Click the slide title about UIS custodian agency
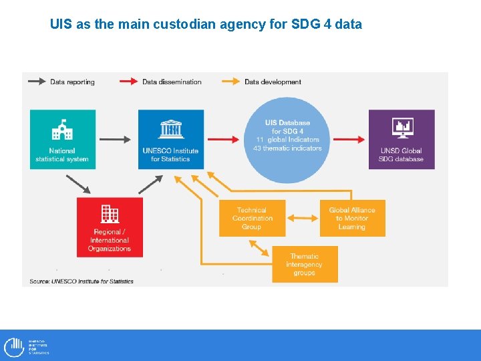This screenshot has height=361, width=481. (206, 25)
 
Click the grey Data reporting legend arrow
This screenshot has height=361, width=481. (37, 82)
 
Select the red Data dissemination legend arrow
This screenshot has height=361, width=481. (130, 82)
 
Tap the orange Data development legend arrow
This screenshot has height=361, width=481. (231, 82)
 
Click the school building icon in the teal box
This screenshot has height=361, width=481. (62, 129)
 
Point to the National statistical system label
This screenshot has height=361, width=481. (62, 155)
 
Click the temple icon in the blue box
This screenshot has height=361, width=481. (170, 129)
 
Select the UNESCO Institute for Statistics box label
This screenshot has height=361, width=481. (170, 155)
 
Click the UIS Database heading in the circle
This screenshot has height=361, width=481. (287, 123)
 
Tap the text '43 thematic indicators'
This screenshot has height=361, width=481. (287, 148)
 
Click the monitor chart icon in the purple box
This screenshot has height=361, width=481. (402, 127)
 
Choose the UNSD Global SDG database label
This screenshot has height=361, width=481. (402, 155)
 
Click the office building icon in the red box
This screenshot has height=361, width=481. (110, 213)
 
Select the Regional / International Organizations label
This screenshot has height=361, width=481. (110, 241)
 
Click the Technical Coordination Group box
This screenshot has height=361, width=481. (252, 218)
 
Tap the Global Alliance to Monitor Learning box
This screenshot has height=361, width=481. (352, 218)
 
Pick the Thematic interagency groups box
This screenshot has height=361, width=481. (304, 264)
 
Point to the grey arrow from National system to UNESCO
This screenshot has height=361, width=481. (115, 139)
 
